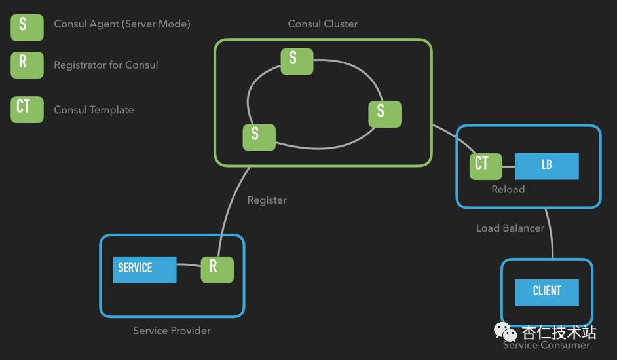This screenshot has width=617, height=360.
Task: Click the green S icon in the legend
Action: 27,27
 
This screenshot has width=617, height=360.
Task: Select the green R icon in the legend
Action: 27,65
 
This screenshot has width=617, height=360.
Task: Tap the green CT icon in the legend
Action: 27,109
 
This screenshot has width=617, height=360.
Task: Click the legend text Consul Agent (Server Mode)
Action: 122,24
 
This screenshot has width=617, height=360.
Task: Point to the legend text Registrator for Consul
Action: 105,65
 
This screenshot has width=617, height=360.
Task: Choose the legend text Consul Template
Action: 94,110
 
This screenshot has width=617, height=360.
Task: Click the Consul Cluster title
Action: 323,24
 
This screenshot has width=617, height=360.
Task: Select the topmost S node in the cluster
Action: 297,60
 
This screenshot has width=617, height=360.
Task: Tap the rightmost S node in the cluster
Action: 384,113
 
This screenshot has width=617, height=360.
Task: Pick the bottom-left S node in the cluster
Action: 259,137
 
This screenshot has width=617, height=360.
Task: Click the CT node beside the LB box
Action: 485,166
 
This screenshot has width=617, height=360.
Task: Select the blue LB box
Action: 546,166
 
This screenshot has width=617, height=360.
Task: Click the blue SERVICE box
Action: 144,269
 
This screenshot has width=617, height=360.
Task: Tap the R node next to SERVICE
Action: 217,269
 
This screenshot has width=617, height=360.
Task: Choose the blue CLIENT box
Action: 546,292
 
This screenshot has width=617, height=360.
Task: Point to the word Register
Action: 267,200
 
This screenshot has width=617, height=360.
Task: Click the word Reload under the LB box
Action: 508,189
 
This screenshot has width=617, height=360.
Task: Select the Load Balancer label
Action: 510,228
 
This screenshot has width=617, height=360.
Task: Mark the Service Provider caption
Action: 172,330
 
